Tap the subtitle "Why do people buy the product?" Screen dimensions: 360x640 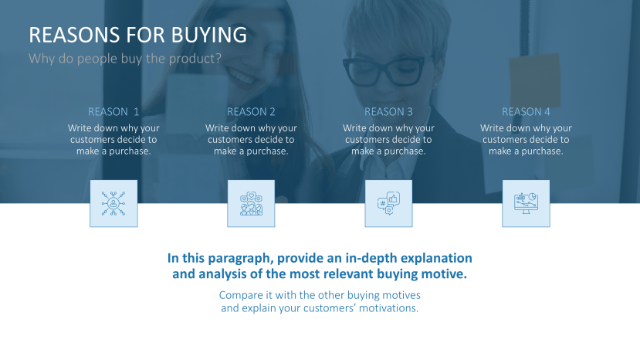coord(124,58)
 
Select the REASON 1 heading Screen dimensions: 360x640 coord(113,111)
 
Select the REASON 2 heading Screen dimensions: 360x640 coord(251,111)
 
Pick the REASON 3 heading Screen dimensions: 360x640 coord(388,111)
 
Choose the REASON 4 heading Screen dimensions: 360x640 coord(526,111)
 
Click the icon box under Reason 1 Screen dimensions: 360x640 coord(113,203)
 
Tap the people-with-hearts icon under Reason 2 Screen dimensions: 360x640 coord(251,203)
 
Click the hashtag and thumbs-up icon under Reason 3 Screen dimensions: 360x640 coord(388,203)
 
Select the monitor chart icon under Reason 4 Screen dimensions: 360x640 coord(526,203)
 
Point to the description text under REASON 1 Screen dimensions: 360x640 coord(113,140)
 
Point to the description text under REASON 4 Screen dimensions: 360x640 coord(526,140)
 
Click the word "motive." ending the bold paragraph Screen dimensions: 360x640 coord(447,273)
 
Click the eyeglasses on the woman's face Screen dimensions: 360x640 coord(395,71)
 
